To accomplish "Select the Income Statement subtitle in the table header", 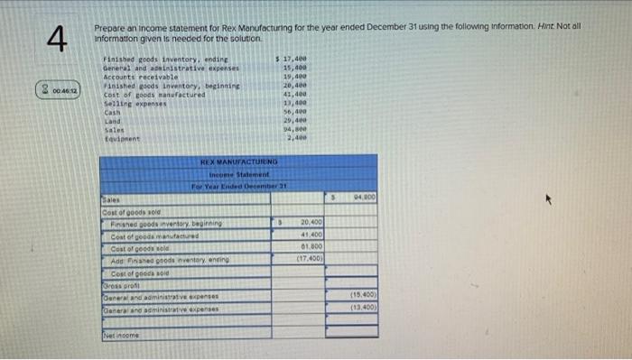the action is (238, 174).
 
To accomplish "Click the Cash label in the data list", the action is (113, 112).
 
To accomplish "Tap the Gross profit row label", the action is (117, 282).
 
